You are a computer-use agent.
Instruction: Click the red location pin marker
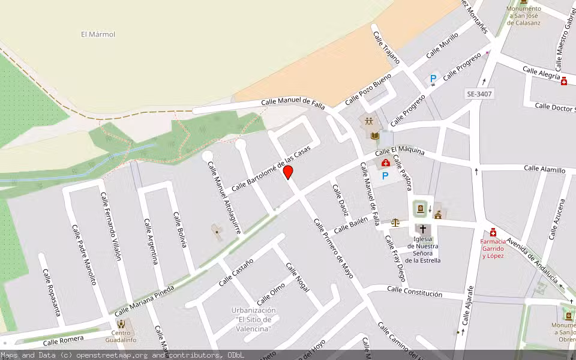(x=288, y=172)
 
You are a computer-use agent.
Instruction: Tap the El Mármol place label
(x=98, y=34)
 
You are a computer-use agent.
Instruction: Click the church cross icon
(x=423, y=229)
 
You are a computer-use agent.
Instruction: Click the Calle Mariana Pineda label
(x=144, y=301)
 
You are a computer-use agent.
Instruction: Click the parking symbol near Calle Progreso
(x=433, y=78)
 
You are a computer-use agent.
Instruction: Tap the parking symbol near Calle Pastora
(x=385, y=176)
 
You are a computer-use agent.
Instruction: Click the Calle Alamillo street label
(x=544, y=170)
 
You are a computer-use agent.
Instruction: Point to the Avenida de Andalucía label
(x=532, y=261)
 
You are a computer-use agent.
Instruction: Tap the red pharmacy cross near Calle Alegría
(x=564, y=81)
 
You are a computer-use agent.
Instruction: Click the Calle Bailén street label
(x=350, y=226)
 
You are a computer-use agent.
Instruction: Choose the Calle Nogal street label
(x=297, y=278)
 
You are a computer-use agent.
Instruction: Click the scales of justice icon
(x=395, y=222)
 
